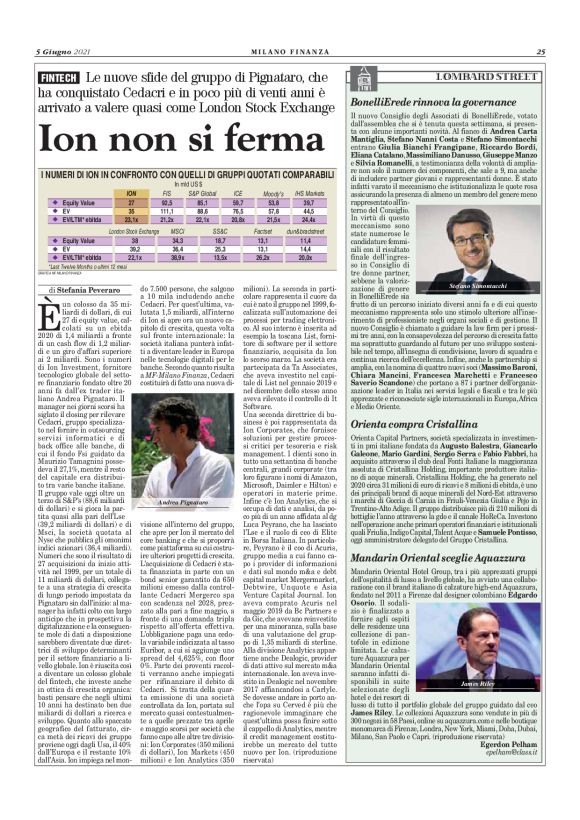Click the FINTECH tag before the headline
(x=60, y=77)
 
